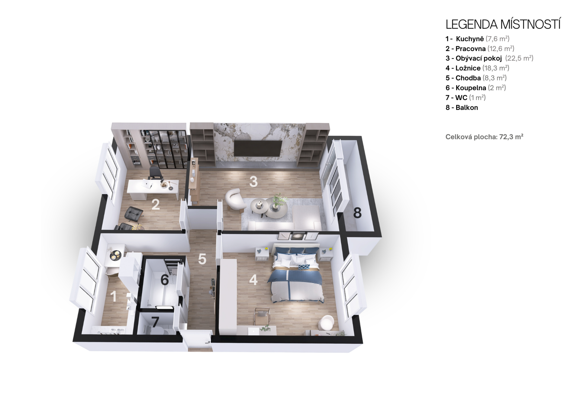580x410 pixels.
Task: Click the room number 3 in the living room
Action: tap(253, 182)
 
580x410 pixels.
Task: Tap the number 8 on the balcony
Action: tap(357, 213)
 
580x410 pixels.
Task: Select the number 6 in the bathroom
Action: tap(165, 280)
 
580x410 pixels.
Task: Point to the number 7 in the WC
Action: tap(155, 322)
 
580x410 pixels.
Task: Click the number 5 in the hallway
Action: tap(202, 259)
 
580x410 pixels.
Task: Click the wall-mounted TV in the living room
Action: tap(258, 148)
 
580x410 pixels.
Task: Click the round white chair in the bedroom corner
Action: tap(326, 323)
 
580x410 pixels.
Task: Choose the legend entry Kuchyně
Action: tap(470, 39)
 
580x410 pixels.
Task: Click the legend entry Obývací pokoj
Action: tap(478, 58)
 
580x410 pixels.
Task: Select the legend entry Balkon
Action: tap(467, 108)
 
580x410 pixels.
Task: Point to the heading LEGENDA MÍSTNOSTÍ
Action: tap(503, 24)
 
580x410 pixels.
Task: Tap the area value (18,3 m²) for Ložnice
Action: tap(496, 68)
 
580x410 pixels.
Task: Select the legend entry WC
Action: tap(461, 98)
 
